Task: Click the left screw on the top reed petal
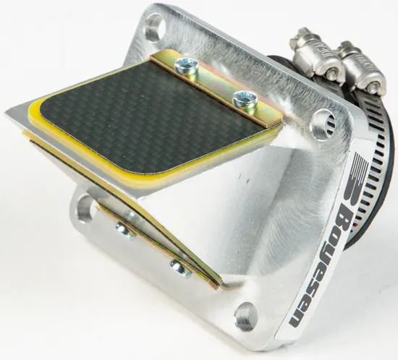tap(190, 66)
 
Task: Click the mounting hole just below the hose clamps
tap(318, 124)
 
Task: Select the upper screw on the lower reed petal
tap(124, 230)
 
